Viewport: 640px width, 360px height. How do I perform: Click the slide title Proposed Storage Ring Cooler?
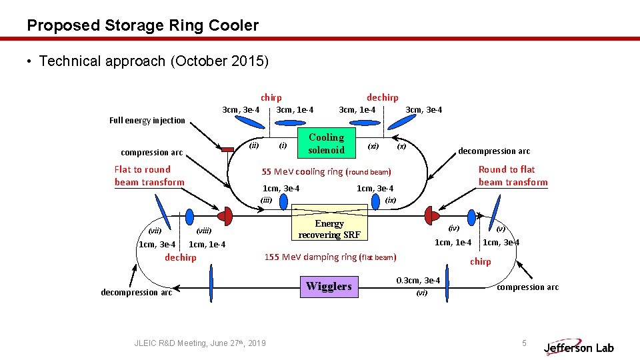coord(143,26)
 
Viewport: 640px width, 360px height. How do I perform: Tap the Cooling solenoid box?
coord(326,143)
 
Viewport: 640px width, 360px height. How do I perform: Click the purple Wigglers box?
coord(329,287)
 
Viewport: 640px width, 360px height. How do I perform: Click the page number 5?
coord(524,343)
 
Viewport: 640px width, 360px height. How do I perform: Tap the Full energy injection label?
coord(147,121)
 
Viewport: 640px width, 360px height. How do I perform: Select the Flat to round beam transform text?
coord(149,176)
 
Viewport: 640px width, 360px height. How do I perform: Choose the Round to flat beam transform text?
coord(513,176)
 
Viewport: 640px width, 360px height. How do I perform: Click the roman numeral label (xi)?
coord(373,145)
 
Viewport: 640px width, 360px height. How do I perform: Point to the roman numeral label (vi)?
coord(421,293)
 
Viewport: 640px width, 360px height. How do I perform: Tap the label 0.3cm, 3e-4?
coord(418,281)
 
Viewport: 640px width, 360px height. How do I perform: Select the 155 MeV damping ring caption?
coord(330,257)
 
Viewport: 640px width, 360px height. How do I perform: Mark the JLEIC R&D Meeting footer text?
coord(200,343)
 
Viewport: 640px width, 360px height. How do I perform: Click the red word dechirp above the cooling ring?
coord(382,98)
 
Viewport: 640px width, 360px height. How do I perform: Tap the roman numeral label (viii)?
coord(204,231)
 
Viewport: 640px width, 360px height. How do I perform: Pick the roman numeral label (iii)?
coord(267,200)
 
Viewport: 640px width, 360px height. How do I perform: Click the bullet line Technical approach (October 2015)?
coord(153,61)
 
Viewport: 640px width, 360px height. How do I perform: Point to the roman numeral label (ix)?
coord(391,200)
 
